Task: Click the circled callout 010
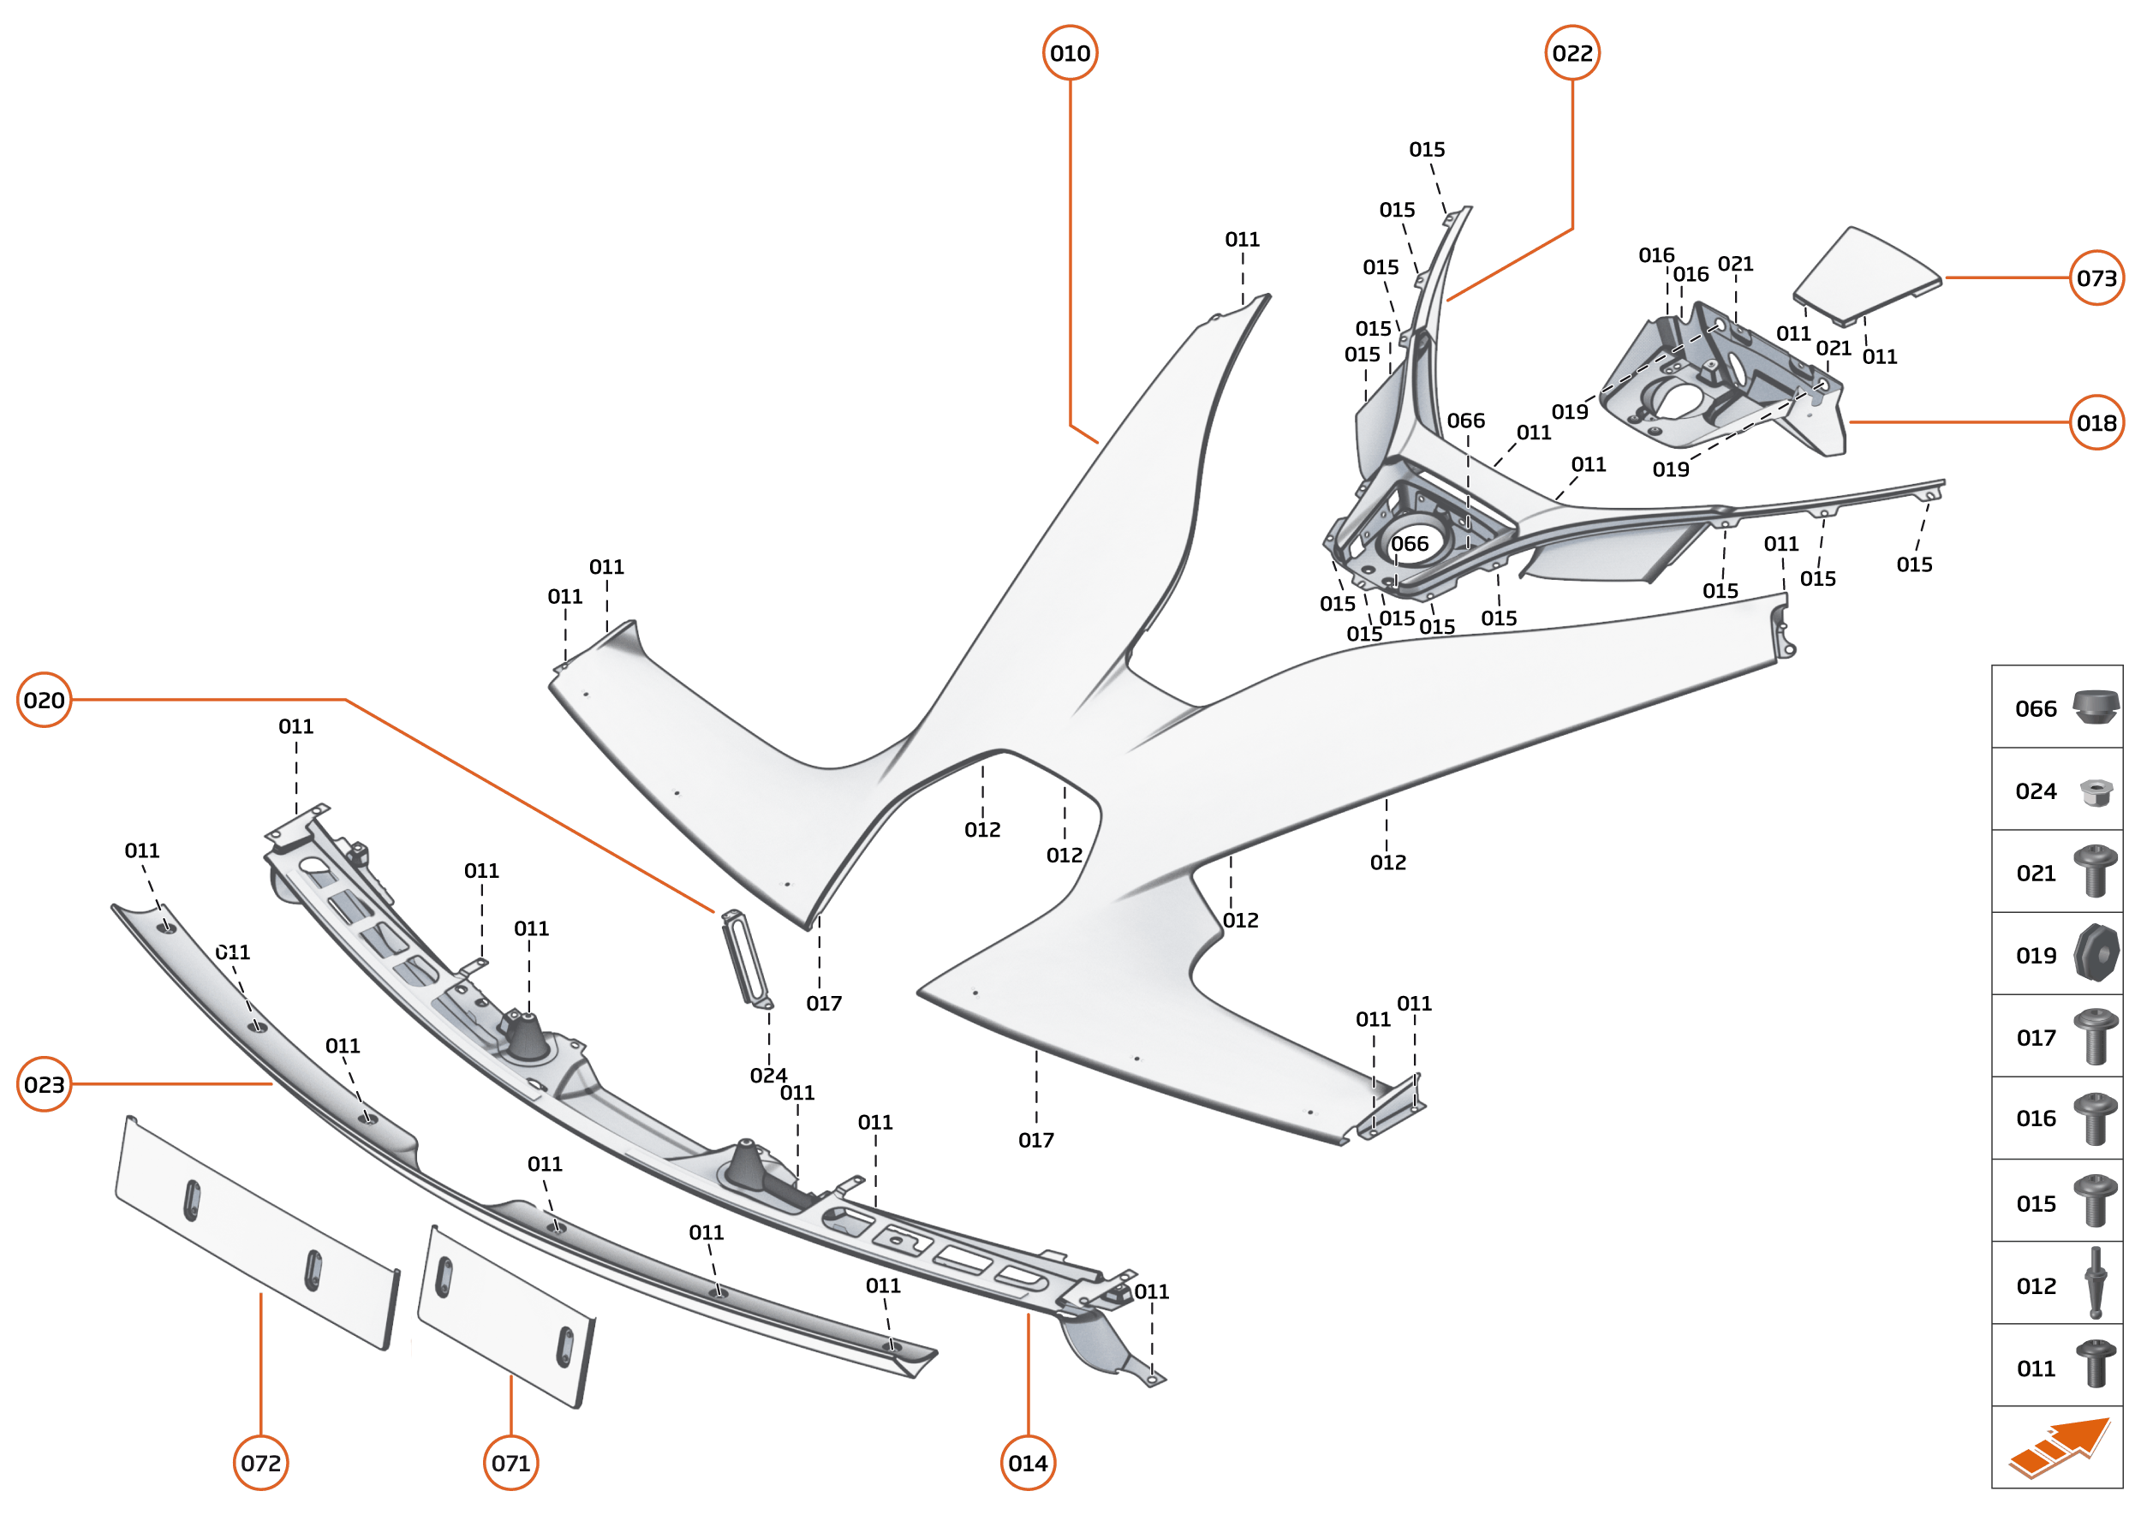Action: pos(1069,53)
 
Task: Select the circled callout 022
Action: pos(1572,53)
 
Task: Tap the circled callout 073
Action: pos(2096,278)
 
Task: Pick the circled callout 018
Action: pos(2096,422)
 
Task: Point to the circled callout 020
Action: pos(44,700)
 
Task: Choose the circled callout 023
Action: pos(44,1084)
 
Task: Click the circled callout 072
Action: pos(260,1463)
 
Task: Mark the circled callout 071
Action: pos(510,1463)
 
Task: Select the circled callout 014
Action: pos(1027,1463)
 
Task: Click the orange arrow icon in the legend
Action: pos(2060,1448)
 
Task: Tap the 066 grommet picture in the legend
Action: pos(2096,707)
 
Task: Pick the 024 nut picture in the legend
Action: pos(2096,792)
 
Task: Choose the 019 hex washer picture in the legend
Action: pos(2096,953)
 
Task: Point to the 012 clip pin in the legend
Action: pos(2096,1284)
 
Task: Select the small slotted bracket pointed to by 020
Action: pos(746,958)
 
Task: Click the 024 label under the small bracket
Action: pos(768,1076)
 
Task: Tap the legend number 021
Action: pos(2036,874)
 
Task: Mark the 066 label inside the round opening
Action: pos(1409,544)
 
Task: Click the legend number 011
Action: pos(2036,1369)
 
